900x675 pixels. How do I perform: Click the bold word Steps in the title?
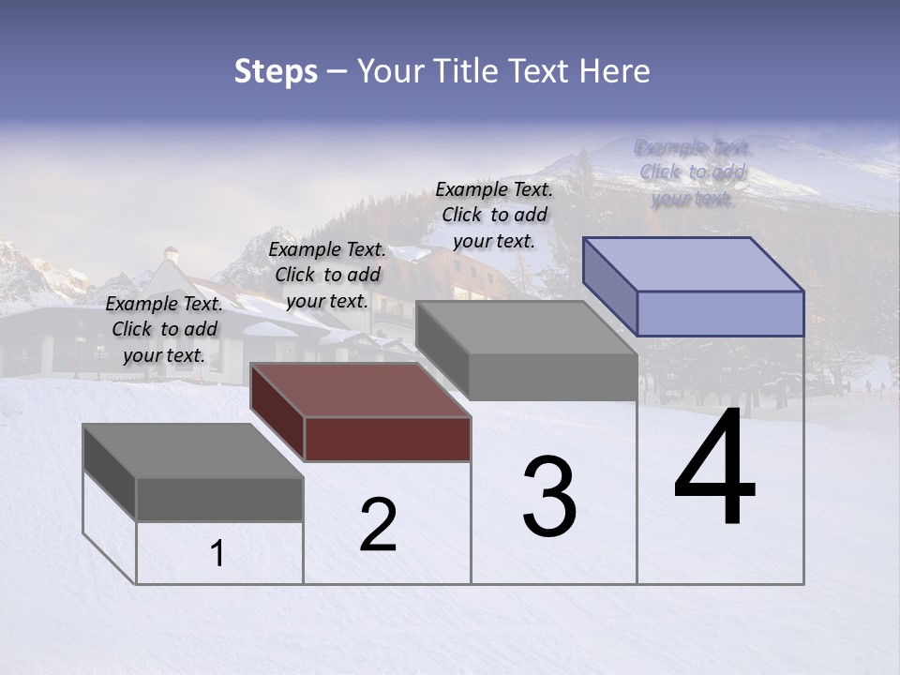pos(276,71)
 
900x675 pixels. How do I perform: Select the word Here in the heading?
pos(615,71)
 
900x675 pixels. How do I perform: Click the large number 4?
pos(714,469)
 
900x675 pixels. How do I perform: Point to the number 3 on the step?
pos(549,497)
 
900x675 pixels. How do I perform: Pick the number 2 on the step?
pos(378,525)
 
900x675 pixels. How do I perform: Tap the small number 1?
pos(217,554)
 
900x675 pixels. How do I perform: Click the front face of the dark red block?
pos(387,439)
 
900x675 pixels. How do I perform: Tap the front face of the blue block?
pos(720,313)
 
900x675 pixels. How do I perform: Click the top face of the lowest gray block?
pos(193,451)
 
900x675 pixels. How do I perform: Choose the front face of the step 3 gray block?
pos(553,376)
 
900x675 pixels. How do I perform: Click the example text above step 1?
pos(164,330)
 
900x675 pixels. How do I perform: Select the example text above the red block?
pos(327,275)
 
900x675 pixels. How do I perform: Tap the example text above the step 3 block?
pos(494,215)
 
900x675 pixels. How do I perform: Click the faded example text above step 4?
pos(692,172)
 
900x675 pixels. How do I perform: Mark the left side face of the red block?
pos(277,412)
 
